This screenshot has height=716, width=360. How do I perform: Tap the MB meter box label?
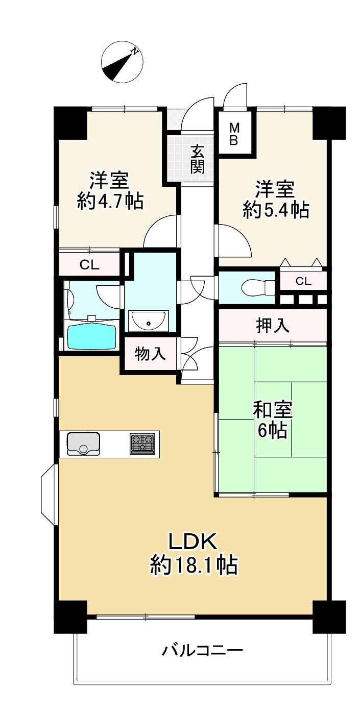tap(233, 134)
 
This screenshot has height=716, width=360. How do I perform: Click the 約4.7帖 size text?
tap(110, 201)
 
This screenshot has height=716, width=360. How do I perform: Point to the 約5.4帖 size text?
tap(276, 210)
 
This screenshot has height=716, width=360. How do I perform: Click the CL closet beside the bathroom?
tap(89, 264)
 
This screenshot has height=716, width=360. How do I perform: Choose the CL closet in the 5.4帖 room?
tap(303, 281)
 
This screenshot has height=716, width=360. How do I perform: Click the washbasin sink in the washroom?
tap(149, 320)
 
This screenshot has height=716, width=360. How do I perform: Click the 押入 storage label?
tap(273, 326)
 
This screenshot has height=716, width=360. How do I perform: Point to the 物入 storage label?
tap(150, 354)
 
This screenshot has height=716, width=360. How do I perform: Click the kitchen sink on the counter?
tap(83, 443)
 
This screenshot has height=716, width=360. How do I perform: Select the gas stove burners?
tap(142, 443)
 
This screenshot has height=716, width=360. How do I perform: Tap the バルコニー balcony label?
tap(202, 651)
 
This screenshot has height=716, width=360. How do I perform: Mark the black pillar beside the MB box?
tap(329, 122)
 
